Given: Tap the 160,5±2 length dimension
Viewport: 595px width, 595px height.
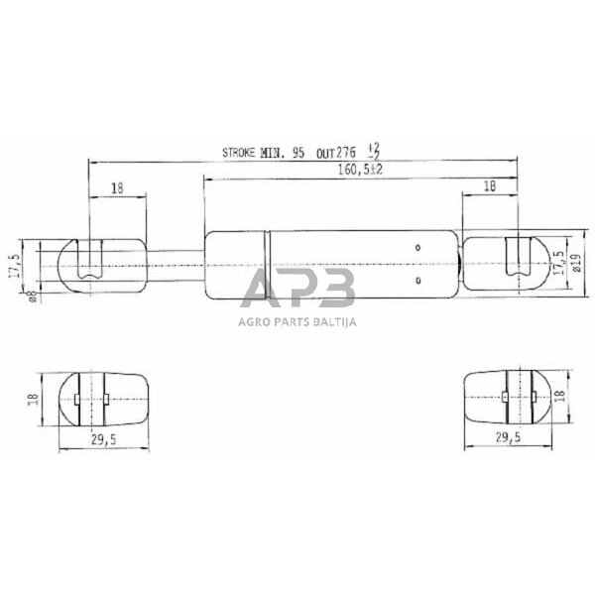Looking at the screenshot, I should (341, 172).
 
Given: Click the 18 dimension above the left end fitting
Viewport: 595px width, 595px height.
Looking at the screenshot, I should (117, 186).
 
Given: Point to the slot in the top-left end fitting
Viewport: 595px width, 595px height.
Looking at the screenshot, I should (91, 260).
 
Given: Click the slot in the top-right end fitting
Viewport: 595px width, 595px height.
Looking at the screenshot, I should (515, 260).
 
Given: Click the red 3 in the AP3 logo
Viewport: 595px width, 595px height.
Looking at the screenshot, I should (334, 289).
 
